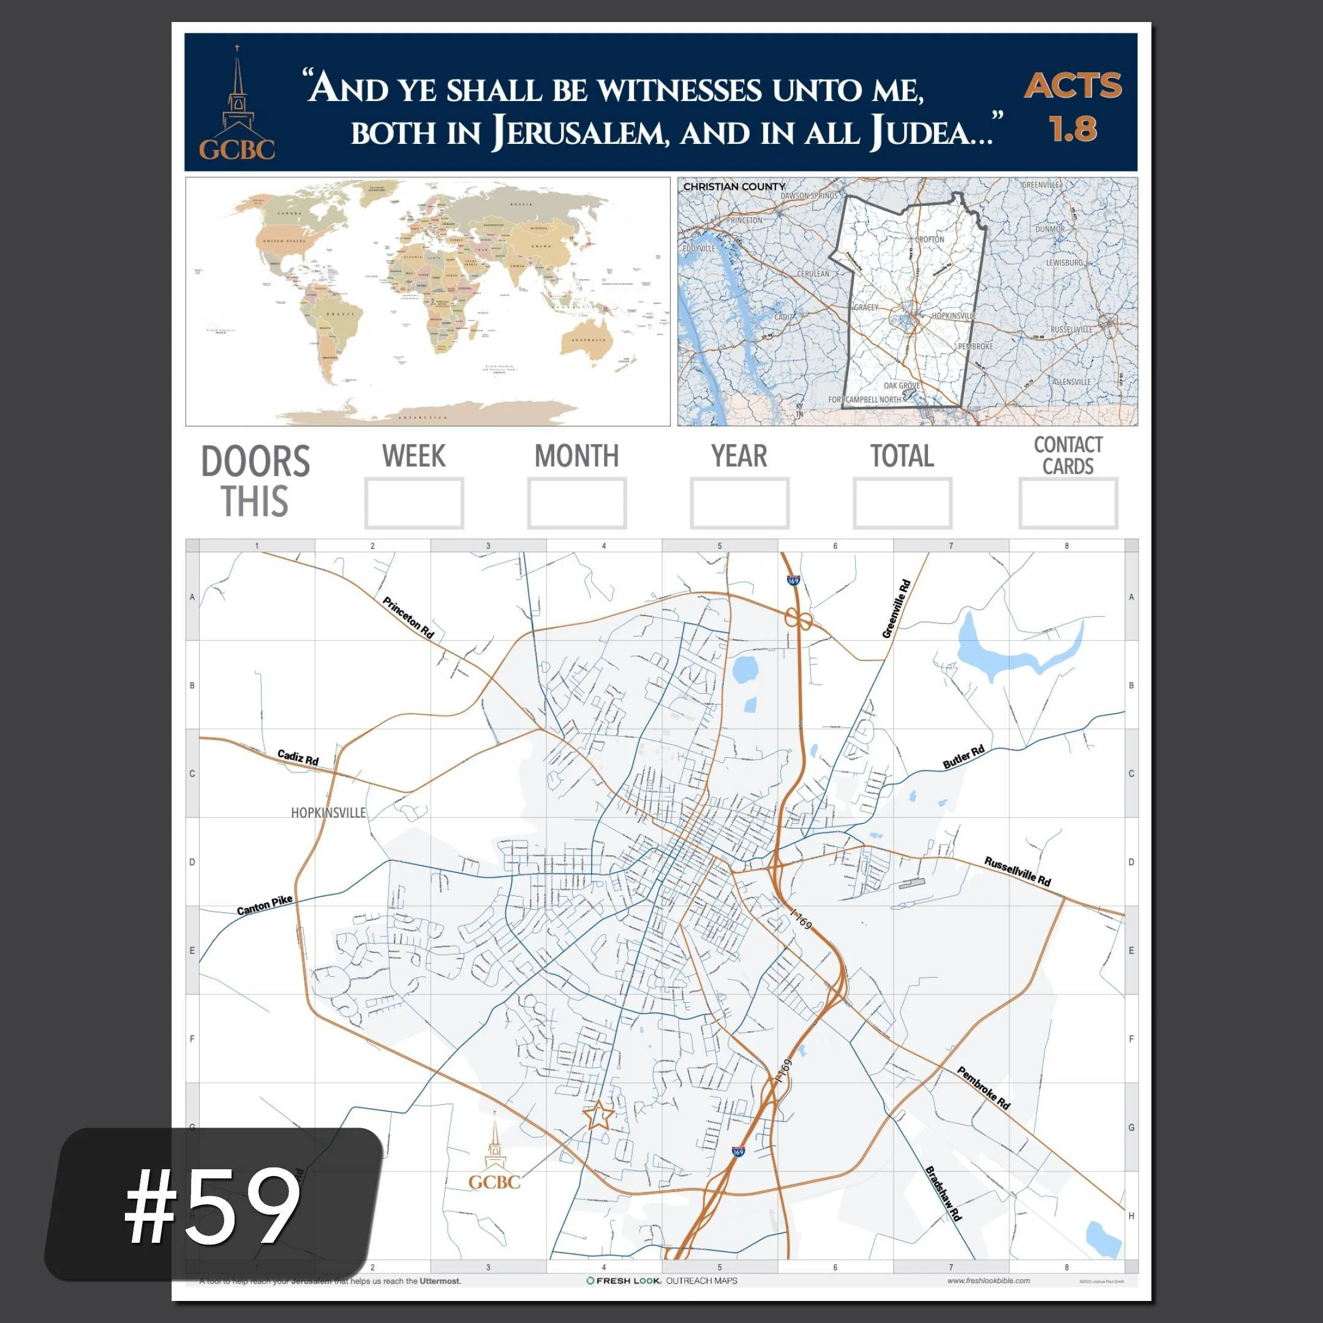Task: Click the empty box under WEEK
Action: click(413, 503)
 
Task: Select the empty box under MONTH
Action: click(576, 503)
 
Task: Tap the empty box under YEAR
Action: click(739, 503)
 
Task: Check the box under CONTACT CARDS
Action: click(1068, 503)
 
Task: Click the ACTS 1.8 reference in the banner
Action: click(1072, 107)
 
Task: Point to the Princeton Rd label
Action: click(408, 617)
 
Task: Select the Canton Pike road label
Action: click(265, 905)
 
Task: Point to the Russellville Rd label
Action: click(1017, 871)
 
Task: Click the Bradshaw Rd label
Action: click(944, 1194)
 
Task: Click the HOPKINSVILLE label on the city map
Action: click(328, 813)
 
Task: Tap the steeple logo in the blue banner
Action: click(237, 103)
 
